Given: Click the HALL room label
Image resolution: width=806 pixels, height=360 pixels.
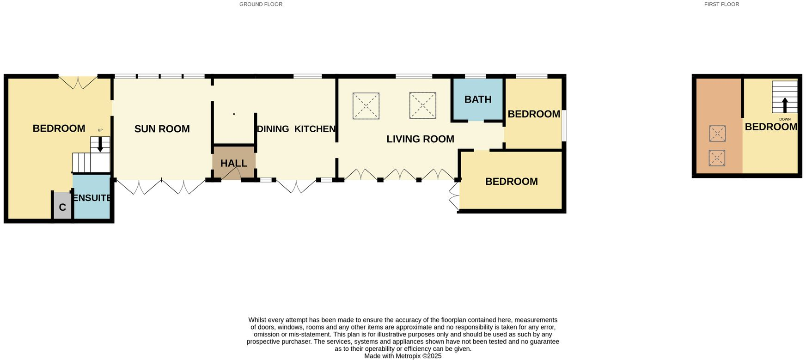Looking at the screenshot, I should (233, 163).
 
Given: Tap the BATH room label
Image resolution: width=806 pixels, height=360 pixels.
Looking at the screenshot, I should (477, 99).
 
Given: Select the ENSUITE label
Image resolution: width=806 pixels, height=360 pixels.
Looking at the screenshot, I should (92, 198).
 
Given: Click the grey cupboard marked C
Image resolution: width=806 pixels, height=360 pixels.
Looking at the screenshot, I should (62, 207).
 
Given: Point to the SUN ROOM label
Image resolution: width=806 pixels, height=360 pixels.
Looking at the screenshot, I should (162, 129).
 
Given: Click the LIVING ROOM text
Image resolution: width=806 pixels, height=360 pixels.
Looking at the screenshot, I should (420, 139).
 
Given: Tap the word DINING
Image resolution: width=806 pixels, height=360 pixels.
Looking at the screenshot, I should (273, 129).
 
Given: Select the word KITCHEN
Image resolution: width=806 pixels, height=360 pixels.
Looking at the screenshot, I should (315, 129).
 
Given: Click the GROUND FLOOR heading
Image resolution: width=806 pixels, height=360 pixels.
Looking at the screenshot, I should (261, 4).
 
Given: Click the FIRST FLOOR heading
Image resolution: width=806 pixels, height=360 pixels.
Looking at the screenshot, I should (721, 4).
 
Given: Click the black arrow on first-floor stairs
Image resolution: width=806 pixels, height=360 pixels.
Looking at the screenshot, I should (784, 104).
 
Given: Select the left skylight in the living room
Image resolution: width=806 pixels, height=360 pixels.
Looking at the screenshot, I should (366, 106).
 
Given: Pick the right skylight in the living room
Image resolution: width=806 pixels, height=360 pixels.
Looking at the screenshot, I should (422, 105).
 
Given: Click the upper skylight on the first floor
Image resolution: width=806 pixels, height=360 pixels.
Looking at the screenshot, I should (717, 134).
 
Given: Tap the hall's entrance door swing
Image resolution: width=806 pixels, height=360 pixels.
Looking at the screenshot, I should (231, 174).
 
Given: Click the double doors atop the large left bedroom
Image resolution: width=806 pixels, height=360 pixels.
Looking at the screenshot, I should (78, 82).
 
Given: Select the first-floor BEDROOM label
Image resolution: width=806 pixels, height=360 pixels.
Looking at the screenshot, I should (770, 127).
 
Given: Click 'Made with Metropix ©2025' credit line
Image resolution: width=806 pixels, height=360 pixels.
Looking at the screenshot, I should (403, 356).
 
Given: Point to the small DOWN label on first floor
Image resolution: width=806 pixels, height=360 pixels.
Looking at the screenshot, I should (784, 119).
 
